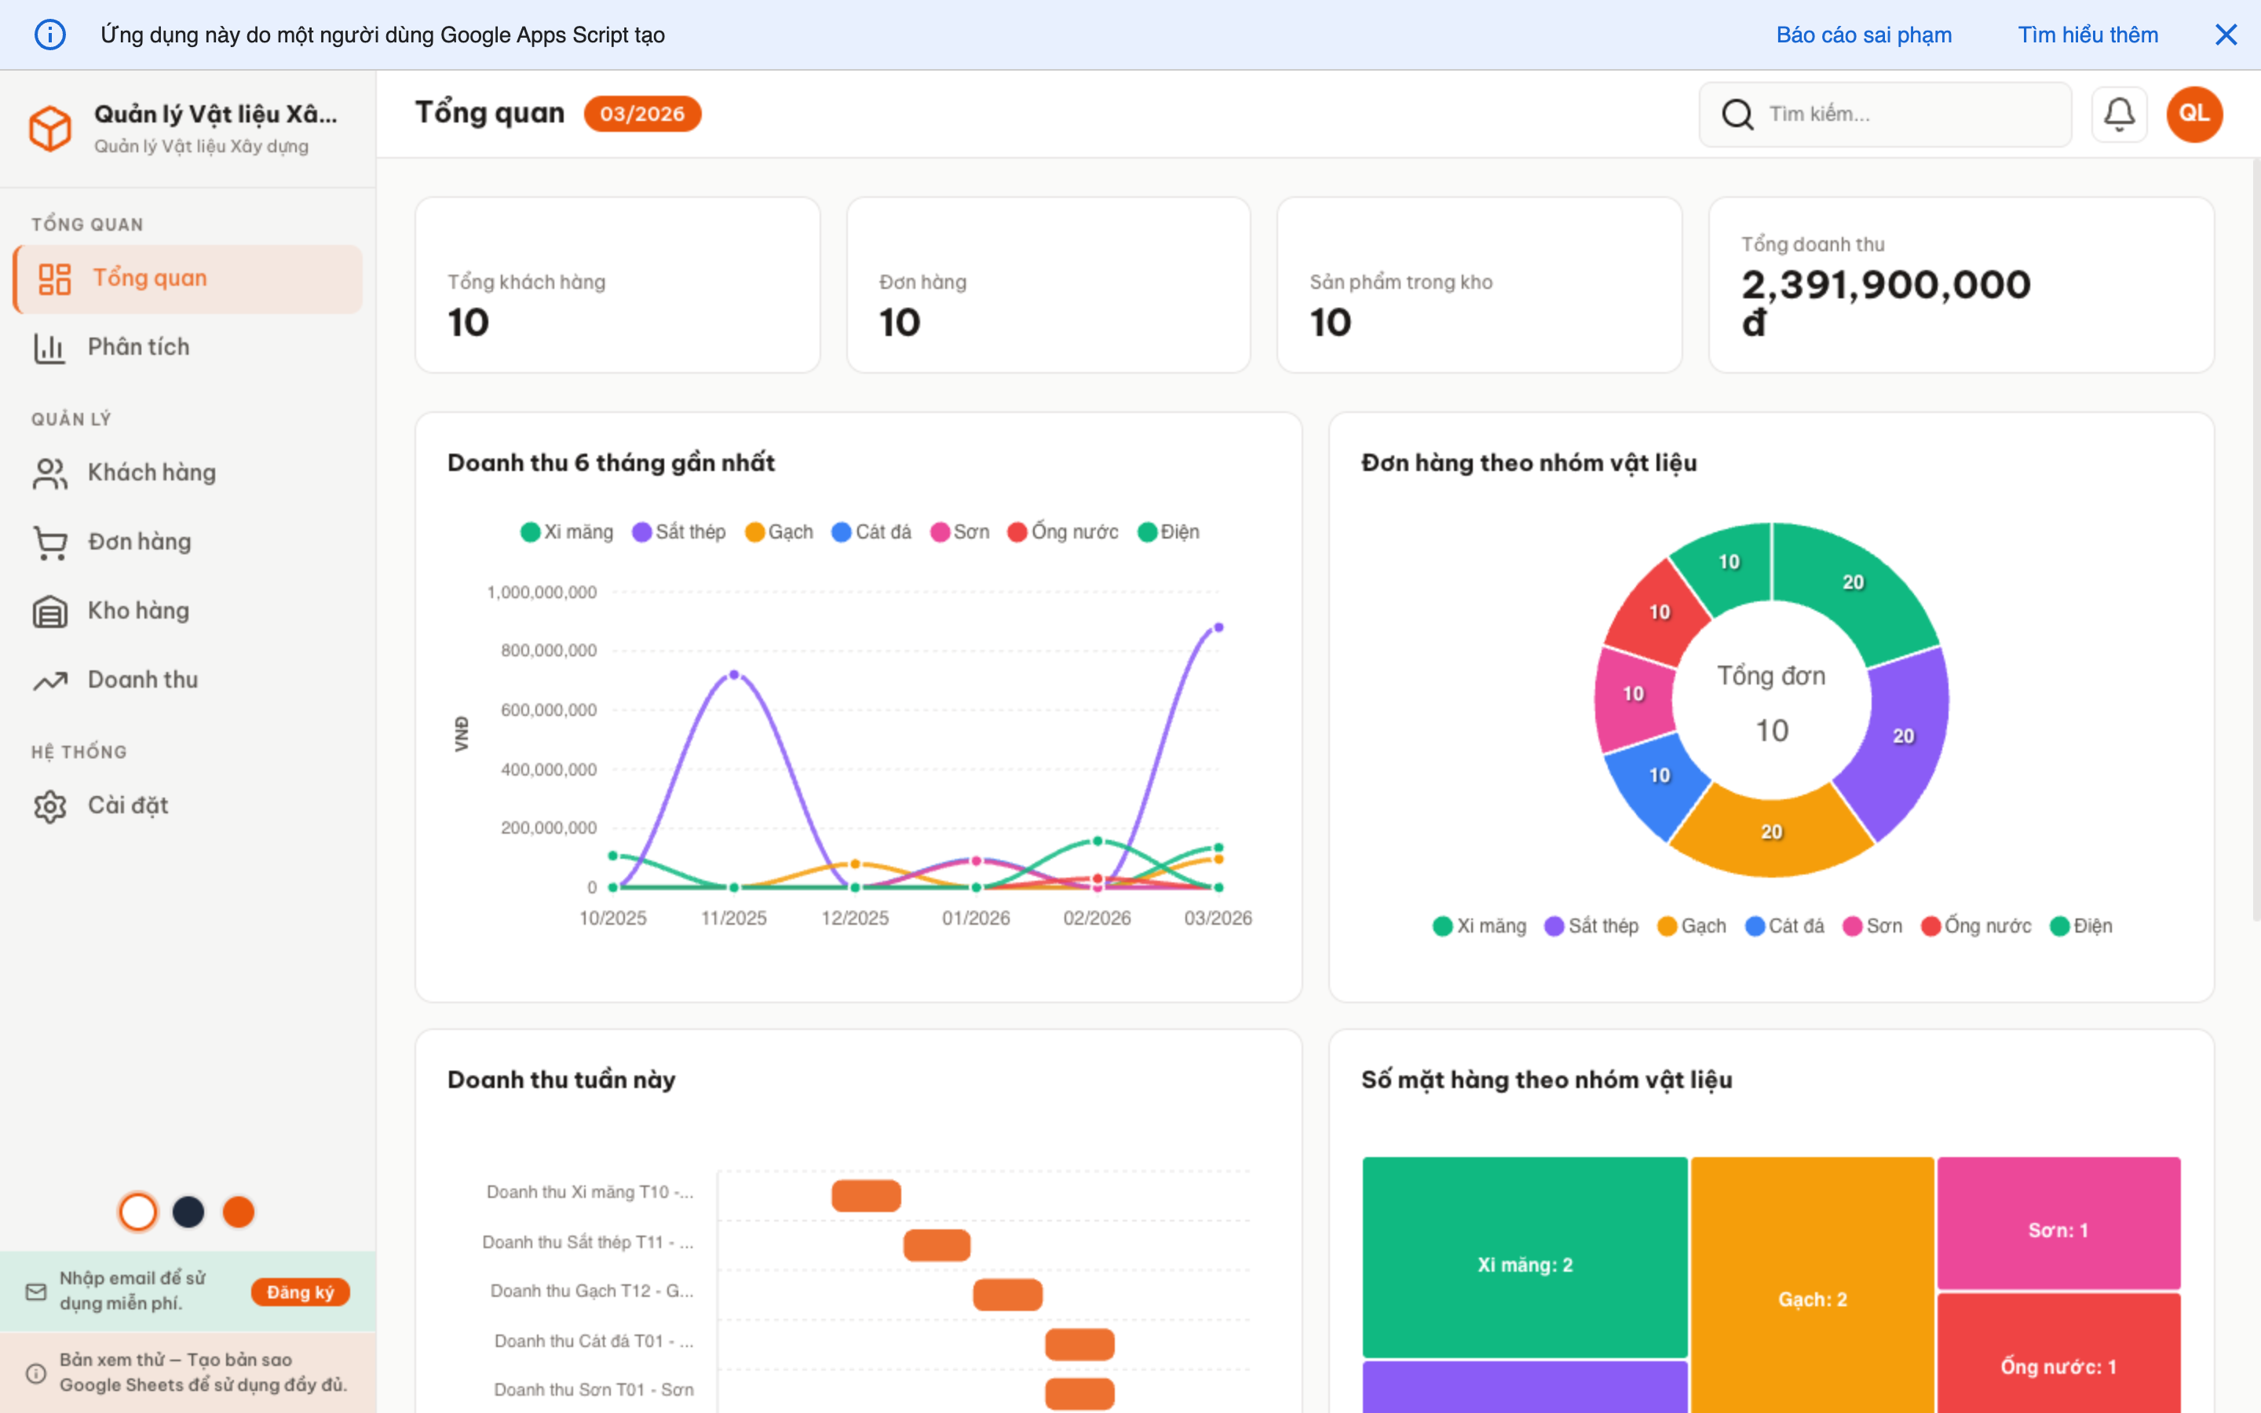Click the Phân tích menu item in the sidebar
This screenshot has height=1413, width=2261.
click(138, 348)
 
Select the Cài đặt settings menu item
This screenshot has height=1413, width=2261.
click(127, 805)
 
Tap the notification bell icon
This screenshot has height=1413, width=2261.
click(2118, 114)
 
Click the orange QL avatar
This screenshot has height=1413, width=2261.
click(2193, 114)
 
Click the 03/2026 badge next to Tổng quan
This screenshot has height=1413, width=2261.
click(642, 114)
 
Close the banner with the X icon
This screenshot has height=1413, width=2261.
click(2226, 35)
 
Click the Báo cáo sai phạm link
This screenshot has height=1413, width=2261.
click(1863, 35)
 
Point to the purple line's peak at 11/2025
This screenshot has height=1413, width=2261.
click(733, 674)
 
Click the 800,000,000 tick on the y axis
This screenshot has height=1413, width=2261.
click(549, 651)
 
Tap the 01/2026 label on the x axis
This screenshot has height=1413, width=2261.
click(975, 918)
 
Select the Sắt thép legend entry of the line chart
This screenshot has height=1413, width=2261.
click(679, 531)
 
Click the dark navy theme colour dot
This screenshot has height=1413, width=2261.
click(188, 1212)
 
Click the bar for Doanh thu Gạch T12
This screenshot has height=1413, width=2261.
click(1007, 1294)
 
